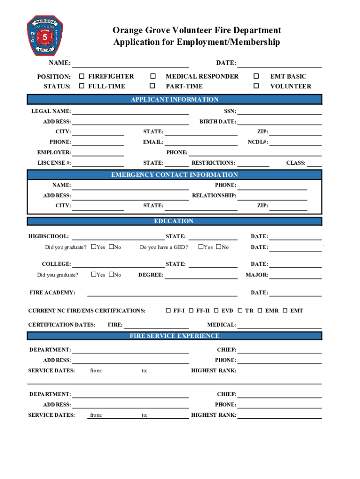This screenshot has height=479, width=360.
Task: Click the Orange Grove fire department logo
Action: pos(45,36)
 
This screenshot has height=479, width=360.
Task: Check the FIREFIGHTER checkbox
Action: pos(82,76)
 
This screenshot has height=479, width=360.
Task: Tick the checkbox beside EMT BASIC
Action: pos(256,76)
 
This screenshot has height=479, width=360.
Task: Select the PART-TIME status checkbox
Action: pos(152,86)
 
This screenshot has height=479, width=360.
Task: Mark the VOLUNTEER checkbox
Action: pos(256,86)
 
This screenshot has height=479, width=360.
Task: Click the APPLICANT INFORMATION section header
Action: pos(174,99)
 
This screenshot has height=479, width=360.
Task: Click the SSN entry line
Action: pos(280,112)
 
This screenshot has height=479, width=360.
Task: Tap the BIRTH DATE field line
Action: pos(280,122)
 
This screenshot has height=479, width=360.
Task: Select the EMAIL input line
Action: pos(201,142)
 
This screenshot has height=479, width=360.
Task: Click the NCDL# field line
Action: pos(295,142)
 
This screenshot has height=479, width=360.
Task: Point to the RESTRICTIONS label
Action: pos(213,163)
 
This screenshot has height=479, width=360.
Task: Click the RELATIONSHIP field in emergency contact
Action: pos(273,196)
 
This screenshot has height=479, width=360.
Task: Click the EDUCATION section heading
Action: pos(174,221)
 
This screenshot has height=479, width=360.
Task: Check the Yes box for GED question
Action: pos(201,247)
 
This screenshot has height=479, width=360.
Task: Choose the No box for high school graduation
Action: pos(111,247)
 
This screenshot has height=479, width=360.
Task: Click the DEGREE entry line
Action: pos(201,276)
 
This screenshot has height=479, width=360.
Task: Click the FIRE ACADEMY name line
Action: pos(162,293)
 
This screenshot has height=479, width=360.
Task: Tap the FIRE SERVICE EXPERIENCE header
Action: pos(174,336)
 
